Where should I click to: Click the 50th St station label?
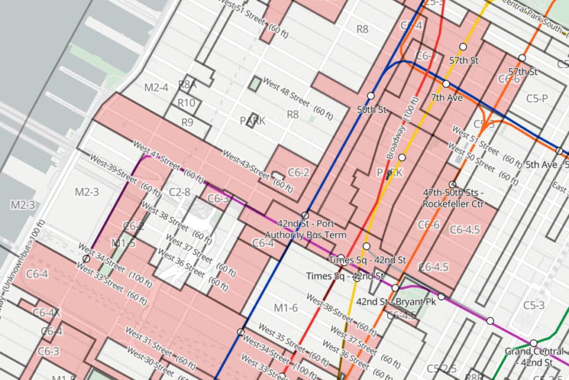[371, 110]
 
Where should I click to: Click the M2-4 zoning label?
[156, 87]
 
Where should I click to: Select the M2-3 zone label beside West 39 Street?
[86, 192]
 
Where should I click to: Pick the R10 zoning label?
[187, 103]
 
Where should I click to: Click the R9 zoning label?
[187, 122]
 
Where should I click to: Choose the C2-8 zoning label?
[179, 192]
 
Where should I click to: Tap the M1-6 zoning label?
[286, 308]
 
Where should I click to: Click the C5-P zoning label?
[537, 98]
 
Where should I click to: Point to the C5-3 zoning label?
[533, 305]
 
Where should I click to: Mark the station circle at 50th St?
[371, 96]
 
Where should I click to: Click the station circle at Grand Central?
[533, 343]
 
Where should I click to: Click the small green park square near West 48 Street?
[254, 84]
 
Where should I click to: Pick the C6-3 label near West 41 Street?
[218, 199]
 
